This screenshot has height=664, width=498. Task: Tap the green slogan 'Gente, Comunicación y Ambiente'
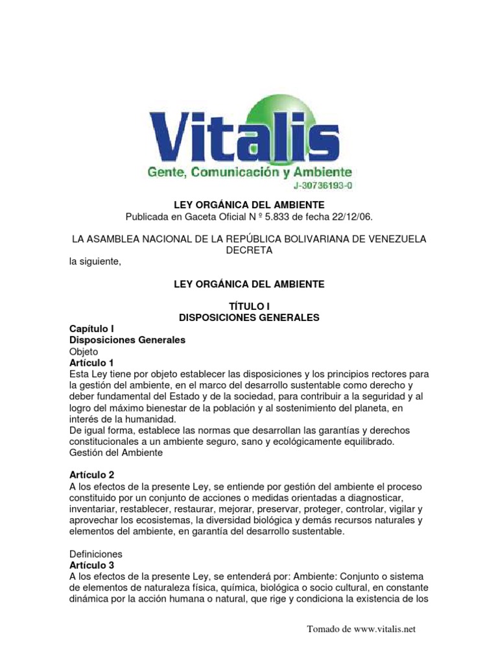pos(250,172)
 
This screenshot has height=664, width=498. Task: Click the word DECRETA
pos(249,250)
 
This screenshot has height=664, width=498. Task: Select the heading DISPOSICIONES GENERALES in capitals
pos(249,318)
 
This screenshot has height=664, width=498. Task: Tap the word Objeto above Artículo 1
pos(84,351)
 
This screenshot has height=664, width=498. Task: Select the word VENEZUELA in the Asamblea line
pos(394,239)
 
